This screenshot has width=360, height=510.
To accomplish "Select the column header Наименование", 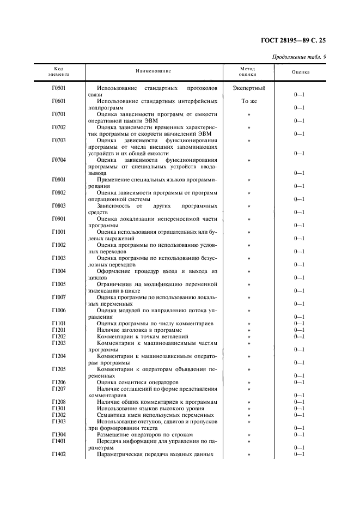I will coord(153,71).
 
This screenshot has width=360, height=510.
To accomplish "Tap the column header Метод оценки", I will coord(248,71).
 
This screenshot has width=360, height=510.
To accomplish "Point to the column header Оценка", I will coord(300,71).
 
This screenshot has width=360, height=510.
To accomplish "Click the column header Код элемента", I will coord(59,71).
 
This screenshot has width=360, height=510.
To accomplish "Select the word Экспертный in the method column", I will coord(249,88).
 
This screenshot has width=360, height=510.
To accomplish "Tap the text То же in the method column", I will coord(249,101).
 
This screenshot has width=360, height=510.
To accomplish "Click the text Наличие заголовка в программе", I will coord(139,330).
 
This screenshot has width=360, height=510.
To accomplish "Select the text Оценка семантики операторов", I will coord(137,382).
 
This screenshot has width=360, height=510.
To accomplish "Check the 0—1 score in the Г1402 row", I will coord(299,454).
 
